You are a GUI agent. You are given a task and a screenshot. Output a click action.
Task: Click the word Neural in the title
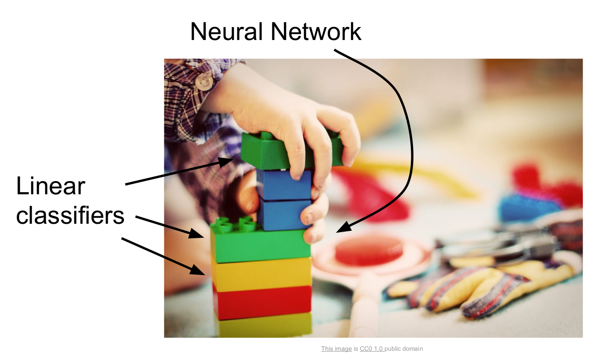(x=226, y=32)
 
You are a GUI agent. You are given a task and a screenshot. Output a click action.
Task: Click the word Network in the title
(x=315, y=32)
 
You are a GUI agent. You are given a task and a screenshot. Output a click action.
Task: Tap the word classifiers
(x=70, y=215)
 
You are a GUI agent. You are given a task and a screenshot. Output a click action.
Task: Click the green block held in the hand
(x=264, y=152)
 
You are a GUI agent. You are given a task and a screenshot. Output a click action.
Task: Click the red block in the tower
(x=262, y=302)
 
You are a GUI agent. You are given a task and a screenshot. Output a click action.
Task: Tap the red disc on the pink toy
(x=369, y=250)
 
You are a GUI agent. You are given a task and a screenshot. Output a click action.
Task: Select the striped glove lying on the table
(x=479, y=286)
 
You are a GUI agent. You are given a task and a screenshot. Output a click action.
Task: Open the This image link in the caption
(x=336, y=349)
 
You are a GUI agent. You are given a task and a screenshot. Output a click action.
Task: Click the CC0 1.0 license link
(x=371, y=349)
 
